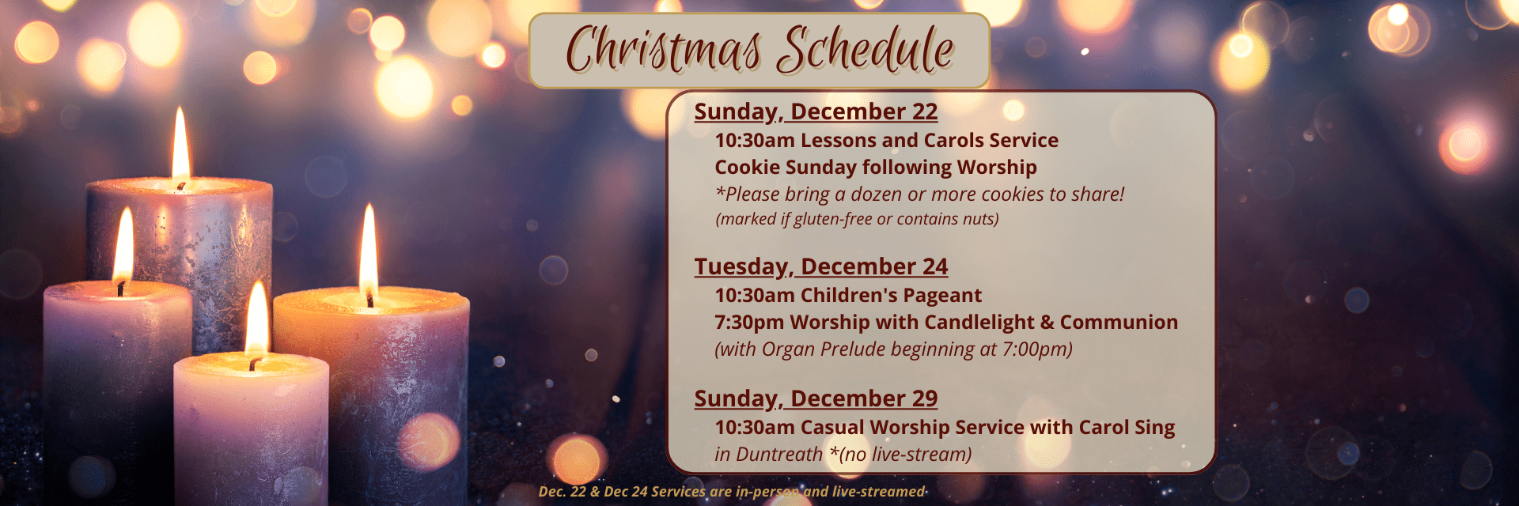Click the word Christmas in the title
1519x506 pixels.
(663, 50)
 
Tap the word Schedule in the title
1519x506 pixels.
(865, 49)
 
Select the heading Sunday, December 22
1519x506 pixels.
(816, 112)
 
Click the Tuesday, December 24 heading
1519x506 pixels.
(820, 267)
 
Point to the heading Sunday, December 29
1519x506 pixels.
(816, 399)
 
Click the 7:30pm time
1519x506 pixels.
(749, 323)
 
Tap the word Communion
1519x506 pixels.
(1119, 323)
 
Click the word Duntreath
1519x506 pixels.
(779, 455)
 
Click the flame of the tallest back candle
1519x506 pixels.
(181, 146)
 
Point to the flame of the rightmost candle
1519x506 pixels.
(369, 251)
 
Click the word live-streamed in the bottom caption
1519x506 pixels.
(878, 492)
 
